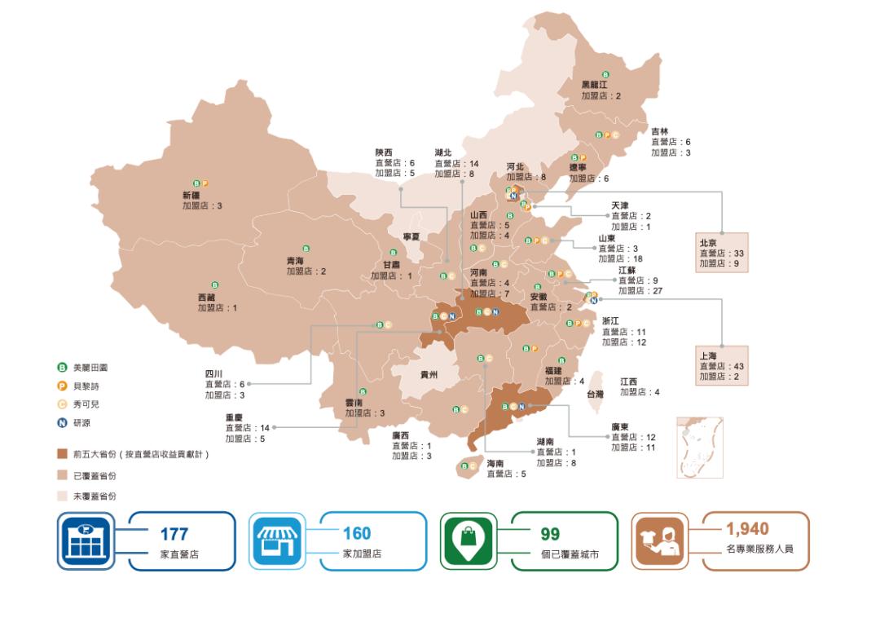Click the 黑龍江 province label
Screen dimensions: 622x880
tap(594, 84)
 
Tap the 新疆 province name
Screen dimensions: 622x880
tap(191, 196)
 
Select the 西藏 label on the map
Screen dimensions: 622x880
tap(206, 298)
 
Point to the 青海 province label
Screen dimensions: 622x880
tap(295, 261)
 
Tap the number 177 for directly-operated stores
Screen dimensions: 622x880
tap(174, 535)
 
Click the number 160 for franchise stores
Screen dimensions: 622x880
tap(356, 534)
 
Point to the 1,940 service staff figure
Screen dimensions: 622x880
tap(747, 529)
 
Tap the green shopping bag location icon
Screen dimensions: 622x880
tap(469, 540)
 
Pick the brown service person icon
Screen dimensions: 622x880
tap(660, 540)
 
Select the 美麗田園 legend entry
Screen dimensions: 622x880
tap(86, 368)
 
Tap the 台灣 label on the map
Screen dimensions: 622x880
tap(596, 394)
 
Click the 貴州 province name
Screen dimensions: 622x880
tap(429, 375)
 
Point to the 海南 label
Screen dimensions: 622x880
tap(495, 463)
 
